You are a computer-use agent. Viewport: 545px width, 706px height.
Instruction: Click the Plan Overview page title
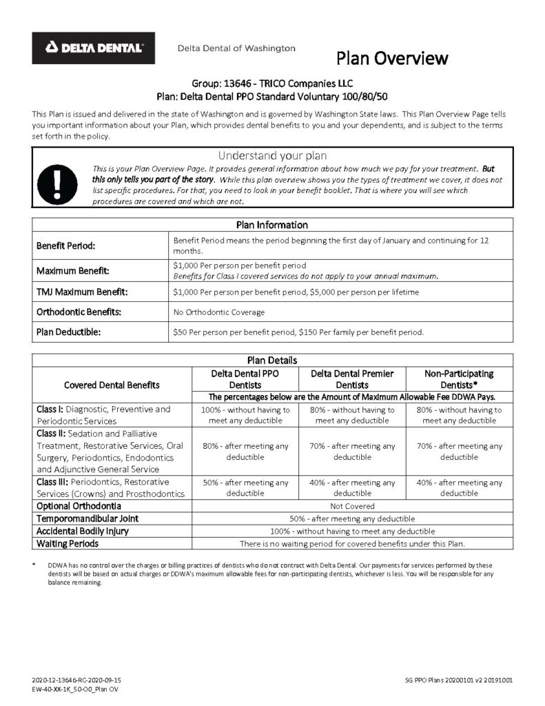392,58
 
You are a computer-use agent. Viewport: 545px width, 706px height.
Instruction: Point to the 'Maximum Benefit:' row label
72,271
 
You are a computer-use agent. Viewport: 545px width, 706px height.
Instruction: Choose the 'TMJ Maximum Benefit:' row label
81,292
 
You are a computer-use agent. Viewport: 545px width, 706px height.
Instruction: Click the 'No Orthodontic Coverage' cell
218,312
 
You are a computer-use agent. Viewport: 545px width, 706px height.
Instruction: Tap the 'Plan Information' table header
272,225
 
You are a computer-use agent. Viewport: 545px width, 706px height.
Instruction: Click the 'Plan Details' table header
272,360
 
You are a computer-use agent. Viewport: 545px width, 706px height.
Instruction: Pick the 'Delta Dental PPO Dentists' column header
245,379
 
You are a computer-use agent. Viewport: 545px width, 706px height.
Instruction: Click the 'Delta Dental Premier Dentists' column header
352,379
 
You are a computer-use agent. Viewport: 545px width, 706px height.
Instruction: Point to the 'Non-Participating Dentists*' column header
459,379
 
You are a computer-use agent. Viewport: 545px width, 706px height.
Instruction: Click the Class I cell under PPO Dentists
245,415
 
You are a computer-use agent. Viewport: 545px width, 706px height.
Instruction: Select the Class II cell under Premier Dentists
352,452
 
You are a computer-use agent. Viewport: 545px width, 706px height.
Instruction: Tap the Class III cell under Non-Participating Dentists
459,488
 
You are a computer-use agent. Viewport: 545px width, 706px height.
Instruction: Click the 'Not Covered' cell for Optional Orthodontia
352,506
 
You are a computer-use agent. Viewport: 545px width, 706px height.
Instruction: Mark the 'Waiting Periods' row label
68,543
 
